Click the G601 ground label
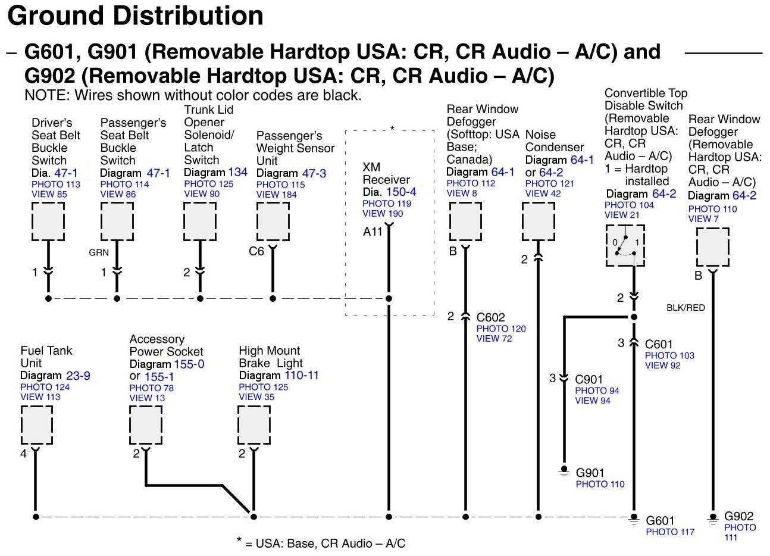[x=660, y=521]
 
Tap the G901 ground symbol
[x=564, y=471]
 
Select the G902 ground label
[x=738, y=517]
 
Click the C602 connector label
[x=490, y=317]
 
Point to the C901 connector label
[x=589, y=379]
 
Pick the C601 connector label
[x=659, y=344]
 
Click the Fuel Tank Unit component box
[x=36, y=425]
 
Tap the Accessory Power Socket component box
[x=146, y=425]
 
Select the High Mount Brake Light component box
[x=254, y=425]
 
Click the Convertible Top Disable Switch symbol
[x=625, y=245]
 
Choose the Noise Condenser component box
[x=539, y=221]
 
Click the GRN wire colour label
[x=99, y=252]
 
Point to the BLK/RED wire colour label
[x=686, y=308]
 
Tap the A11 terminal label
[x=373, y=232]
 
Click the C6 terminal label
[x=256, y=251]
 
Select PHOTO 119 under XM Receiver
[x=387, y=204]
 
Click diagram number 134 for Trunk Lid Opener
[x=237, y=172]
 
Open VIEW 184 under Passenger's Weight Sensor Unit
[x=276, y=195]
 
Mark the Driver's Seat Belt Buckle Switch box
[x=48, y=221]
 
